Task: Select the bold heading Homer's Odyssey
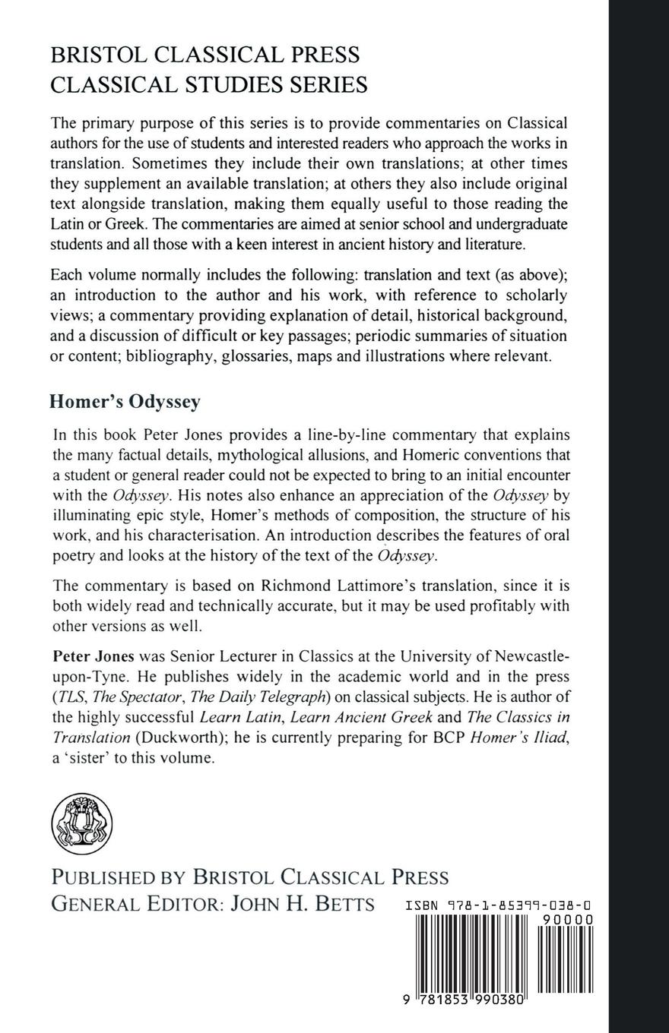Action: (x=125, y=402)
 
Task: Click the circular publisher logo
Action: (x=81, y=824)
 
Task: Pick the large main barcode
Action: (x=471, y=957)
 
